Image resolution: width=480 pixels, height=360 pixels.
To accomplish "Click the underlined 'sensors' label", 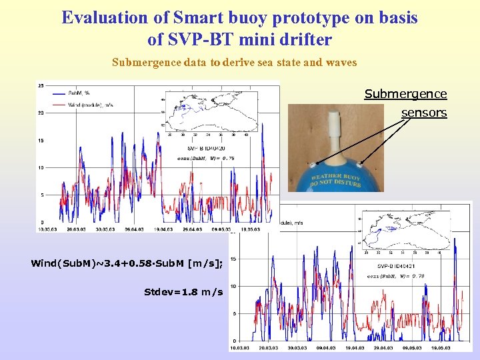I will tap(423, 113).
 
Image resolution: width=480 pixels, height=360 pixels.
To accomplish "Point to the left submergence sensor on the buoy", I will tap(311, 162).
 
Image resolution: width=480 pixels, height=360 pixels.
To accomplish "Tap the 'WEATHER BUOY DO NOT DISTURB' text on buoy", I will tap(337, 178).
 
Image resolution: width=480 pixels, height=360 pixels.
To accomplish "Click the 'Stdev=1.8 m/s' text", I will tap(183, 291).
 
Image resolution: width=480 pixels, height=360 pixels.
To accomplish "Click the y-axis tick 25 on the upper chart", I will tap(41, 85).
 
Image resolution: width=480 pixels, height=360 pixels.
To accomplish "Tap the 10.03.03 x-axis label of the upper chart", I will tap(46, 229).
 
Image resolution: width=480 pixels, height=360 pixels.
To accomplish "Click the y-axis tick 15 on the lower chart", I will tap(232, 259).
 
